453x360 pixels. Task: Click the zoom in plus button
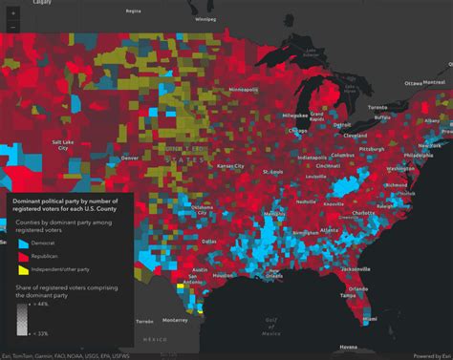point(11,11)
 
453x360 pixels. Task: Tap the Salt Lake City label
point(59,145)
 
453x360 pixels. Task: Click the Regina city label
point(133,11)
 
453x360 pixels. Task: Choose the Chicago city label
point(297,131)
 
